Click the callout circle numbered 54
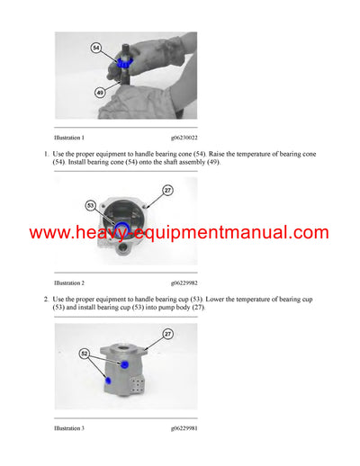[96, 48]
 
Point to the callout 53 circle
[92, 205]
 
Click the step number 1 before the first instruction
[46, 154]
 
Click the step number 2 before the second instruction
[46, 298]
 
